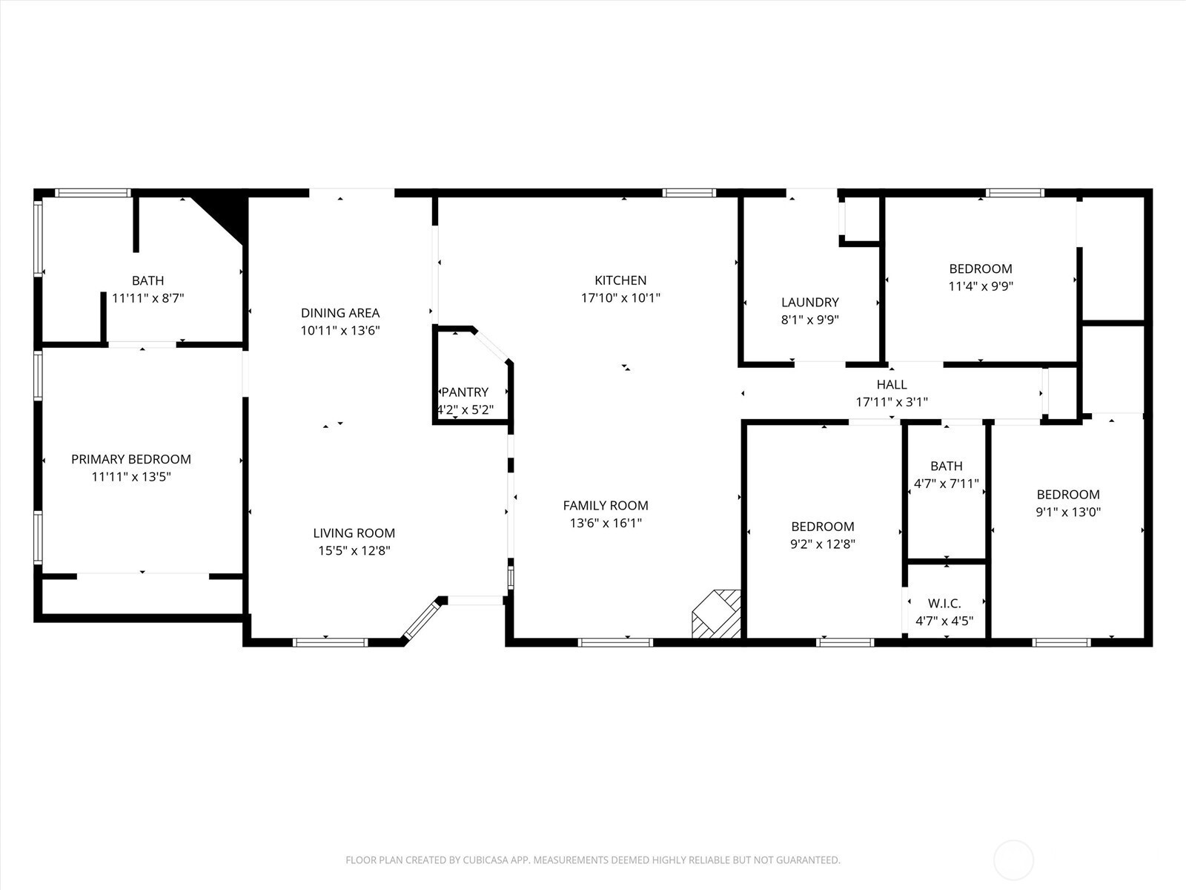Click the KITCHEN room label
(x=620, y=280)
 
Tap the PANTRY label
(x=465, y=392)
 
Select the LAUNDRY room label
(x=810, y=302)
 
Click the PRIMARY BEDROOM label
(x=131, y=459)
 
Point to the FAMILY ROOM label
(x=606, y=505)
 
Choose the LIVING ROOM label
(x=354, y=533)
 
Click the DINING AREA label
(x=340, y=313)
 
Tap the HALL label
(x=892, y=384)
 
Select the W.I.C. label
(x=944, y=603)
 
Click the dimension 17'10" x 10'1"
(x=620, y=297)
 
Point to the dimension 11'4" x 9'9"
(x=981, y=286)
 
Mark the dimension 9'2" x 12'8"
(x=822, y=544)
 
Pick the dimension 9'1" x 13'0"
(x=1068, y=512)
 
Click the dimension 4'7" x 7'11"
(x=946, y=483)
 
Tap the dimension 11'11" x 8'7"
(x=148, y=297)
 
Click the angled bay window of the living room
(x=421, y=620)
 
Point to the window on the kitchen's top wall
(x=689, y=193)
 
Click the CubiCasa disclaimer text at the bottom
(x=593, y=860)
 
